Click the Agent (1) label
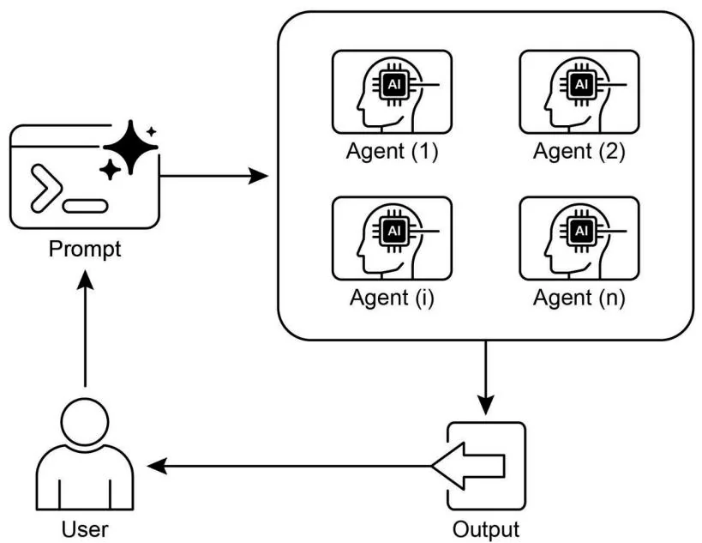coord(392,152)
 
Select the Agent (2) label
coord(579,152)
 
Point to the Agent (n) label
coord(579,299)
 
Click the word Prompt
coord(85,250)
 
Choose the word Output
coord(485,526)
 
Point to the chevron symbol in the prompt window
coord(45,190)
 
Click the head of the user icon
coord(86,419)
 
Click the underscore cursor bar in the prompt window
coord(86,206)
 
